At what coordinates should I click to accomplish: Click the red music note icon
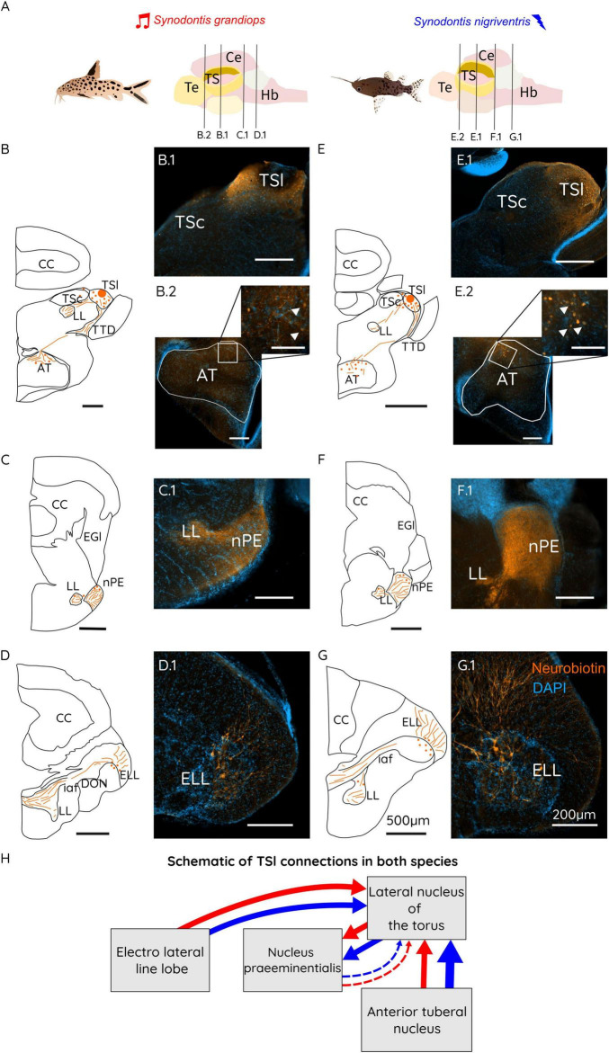142,21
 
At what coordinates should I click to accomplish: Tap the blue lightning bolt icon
539,22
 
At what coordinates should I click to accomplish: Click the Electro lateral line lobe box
160,959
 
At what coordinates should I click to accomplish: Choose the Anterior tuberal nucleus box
416,1020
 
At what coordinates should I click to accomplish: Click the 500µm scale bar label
407,821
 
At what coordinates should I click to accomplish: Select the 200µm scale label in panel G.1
574,815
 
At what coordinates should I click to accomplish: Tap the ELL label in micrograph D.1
195,779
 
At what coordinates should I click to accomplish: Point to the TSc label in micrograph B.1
190,222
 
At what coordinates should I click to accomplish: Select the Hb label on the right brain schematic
528,92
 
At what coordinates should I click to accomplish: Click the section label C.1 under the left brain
242,134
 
